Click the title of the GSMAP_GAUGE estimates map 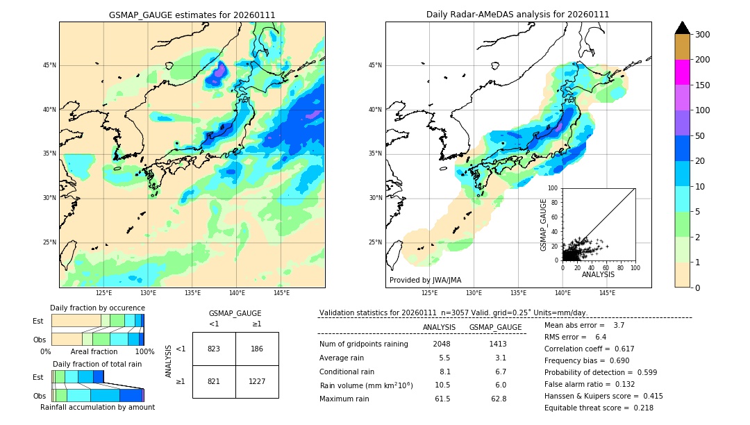point(192,15)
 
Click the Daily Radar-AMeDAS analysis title point(517,15)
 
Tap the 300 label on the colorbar point(703,35)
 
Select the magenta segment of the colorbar point(682,72)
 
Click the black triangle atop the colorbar point(682,28)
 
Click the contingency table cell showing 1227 point(257,381)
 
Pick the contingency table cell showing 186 point(257,349)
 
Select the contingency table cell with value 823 point(214,349)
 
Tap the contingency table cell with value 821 point(214,381)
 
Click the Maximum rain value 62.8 point(499,399)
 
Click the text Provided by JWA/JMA point(425,281)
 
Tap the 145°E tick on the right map point(607,293)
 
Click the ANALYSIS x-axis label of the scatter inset point(599,275)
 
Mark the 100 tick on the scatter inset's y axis point(554,188)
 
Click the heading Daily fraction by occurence point(97,308)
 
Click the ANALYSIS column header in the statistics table point(439,327)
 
